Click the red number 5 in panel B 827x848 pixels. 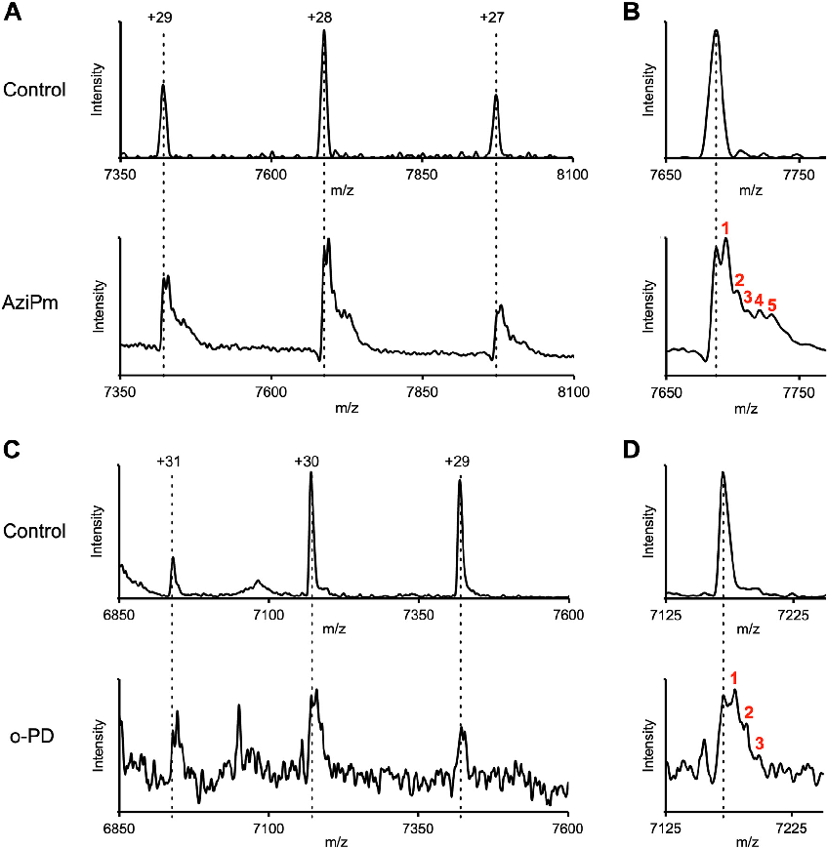point(771,305)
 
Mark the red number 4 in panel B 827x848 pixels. point(759,299)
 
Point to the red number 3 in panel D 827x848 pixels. point(759,744)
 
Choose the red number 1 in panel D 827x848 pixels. point(733,677)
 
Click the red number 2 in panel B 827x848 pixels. point(740,281)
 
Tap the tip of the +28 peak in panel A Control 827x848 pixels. point(324,31)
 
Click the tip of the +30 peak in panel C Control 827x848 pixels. point(310,473)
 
